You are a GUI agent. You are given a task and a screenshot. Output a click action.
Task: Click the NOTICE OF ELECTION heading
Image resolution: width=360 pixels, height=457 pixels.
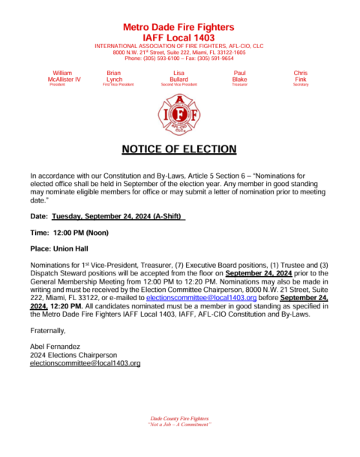178,149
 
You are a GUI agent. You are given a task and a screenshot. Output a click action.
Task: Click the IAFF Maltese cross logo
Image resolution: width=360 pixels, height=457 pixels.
179,113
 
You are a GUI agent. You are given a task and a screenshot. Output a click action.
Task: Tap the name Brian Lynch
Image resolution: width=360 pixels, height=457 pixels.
115,76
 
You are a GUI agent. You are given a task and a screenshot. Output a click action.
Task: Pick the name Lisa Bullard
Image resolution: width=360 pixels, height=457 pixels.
179,76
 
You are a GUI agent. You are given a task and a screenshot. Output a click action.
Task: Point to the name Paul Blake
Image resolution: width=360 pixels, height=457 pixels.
240,76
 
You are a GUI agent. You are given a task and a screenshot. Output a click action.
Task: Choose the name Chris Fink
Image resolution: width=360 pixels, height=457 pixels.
301,76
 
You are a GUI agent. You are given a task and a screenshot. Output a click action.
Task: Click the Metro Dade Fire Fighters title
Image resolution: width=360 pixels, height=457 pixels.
178,27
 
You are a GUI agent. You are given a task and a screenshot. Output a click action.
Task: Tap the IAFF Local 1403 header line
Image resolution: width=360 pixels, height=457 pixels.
178,38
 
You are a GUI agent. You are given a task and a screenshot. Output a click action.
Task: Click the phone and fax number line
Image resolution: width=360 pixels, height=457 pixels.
178,58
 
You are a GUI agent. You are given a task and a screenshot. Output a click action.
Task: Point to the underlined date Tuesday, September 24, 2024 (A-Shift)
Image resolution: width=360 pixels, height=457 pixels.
118,216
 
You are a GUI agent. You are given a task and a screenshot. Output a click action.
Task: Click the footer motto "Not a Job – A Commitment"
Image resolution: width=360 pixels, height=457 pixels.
179,425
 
